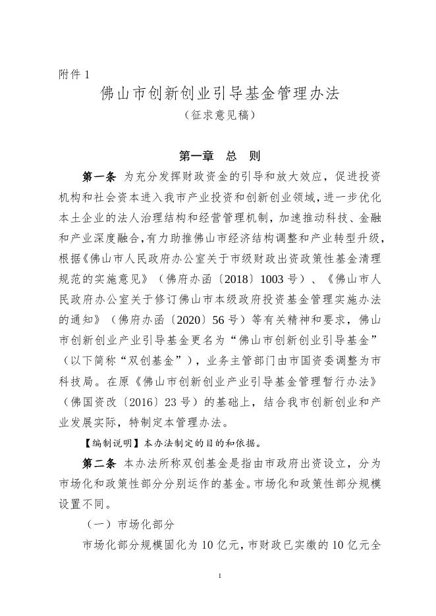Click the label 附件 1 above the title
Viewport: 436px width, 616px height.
click(x=73, y=74)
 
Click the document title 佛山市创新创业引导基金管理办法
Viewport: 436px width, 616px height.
click(x=219, y=93)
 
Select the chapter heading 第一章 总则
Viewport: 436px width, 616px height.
click(x=219, y=156)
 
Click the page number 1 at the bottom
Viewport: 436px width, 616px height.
click(x=219, y=577)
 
